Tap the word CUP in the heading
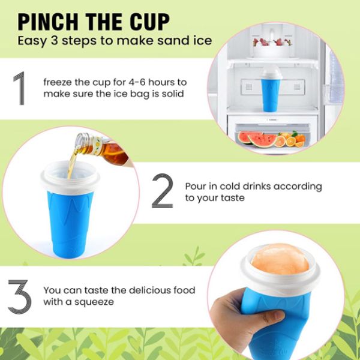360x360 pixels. [149, 22]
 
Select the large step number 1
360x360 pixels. [20, 88]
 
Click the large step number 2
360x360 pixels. [163, 191]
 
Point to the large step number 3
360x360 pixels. [20, 297]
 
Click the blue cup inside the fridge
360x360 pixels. [271, 89]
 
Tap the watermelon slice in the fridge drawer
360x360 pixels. [262, 140]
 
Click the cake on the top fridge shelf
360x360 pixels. [272, 48]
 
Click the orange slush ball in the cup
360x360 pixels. [280, 259]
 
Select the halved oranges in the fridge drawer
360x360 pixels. [290, 140]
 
